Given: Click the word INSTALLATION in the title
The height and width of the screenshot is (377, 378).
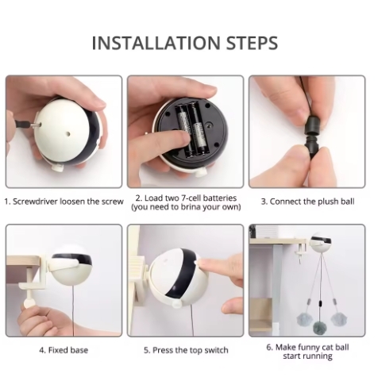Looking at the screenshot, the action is (x=156, y=43).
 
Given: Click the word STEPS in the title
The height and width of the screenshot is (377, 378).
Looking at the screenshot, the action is (x=252, y=43).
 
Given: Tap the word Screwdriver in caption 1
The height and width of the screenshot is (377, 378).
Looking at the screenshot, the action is (x=35, y=202).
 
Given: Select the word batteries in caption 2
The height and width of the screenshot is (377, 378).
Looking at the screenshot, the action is (x=217, y=198).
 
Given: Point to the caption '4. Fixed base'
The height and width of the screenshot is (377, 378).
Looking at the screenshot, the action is (x=64, y=350).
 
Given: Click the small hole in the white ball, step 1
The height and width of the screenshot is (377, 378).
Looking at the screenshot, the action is (x=68, y=134).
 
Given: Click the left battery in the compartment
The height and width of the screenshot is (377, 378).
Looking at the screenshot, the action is (x=183, y=130).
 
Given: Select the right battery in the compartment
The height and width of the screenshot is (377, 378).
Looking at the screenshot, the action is (x=199, y=129).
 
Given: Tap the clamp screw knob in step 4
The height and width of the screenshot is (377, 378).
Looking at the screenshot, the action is (x=28, y=303).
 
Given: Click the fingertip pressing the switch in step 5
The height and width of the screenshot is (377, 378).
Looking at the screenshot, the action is (x=202, y=264).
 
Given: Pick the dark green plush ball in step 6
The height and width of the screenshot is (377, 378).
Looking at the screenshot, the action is (x=320, y=329).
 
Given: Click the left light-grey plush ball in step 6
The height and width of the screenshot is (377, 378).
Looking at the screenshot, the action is (x=304, y=320).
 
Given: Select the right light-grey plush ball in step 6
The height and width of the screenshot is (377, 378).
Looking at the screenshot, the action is (x=337, y=320).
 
